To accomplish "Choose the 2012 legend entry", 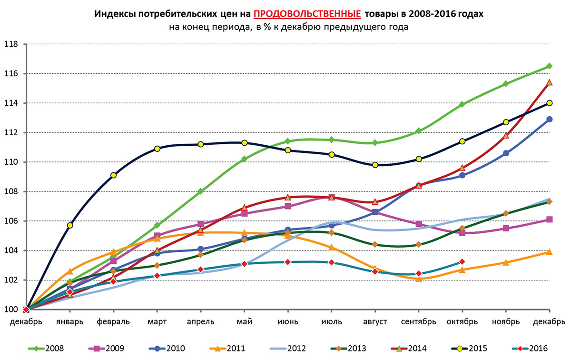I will coord(291,348).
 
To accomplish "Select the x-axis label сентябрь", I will coord(418,321).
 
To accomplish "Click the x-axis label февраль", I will coord(113,321).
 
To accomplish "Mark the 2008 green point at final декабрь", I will coord(549,66).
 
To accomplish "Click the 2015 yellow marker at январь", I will coord(70,225).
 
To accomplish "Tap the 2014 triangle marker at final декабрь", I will coord(549,82).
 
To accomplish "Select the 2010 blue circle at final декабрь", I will coord(549,119).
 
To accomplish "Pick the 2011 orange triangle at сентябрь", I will coord(418,279).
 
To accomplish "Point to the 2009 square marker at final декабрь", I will coord(549,220).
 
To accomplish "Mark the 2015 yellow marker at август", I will coord(375,165).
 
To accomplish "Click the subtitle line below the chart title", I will coord(288,27).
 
